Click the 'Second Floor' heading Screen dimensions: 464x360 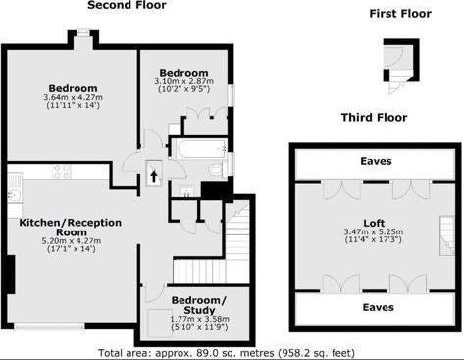pos(127,5)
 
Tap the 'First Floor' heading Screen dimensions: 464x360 pos(400,14)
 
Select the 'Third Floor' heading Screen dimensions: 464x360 pos(374,117)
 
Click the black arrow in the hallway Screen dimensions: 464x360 pos(154,177)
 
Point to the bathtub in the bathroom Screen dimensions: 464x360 pos(197,149)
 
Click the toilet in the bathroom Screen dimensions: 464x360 pos(217,170)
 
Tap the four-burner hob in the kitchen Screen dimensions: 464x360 pos(62,172)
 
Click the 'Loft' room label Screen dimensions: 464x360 pos(374,224)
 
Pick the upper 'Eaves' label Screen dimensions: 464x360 pos(376,161)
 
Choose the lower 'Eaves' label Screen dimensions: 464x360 pos(379,307)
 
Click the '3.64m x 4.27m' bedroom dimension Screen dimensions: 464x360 pos(73,97)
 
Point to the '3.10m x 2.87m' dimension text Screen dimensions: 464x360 pos(183,81)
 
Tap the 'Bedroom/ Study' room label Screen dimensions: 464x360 pos(199,305)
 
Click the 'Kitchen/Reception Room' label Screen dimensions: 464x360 pos(71,228)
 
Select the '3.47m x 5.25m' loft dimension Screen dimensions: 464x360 pos(374,231)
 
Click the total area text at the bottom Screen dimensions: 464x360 pos(227,353)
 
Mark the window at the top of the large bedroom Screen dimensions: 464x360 pos(83,32)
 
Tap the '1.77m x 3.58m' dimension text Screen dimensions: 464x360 pos(199,319)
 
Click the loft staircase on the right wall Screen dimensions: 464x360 pos(447,235)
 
